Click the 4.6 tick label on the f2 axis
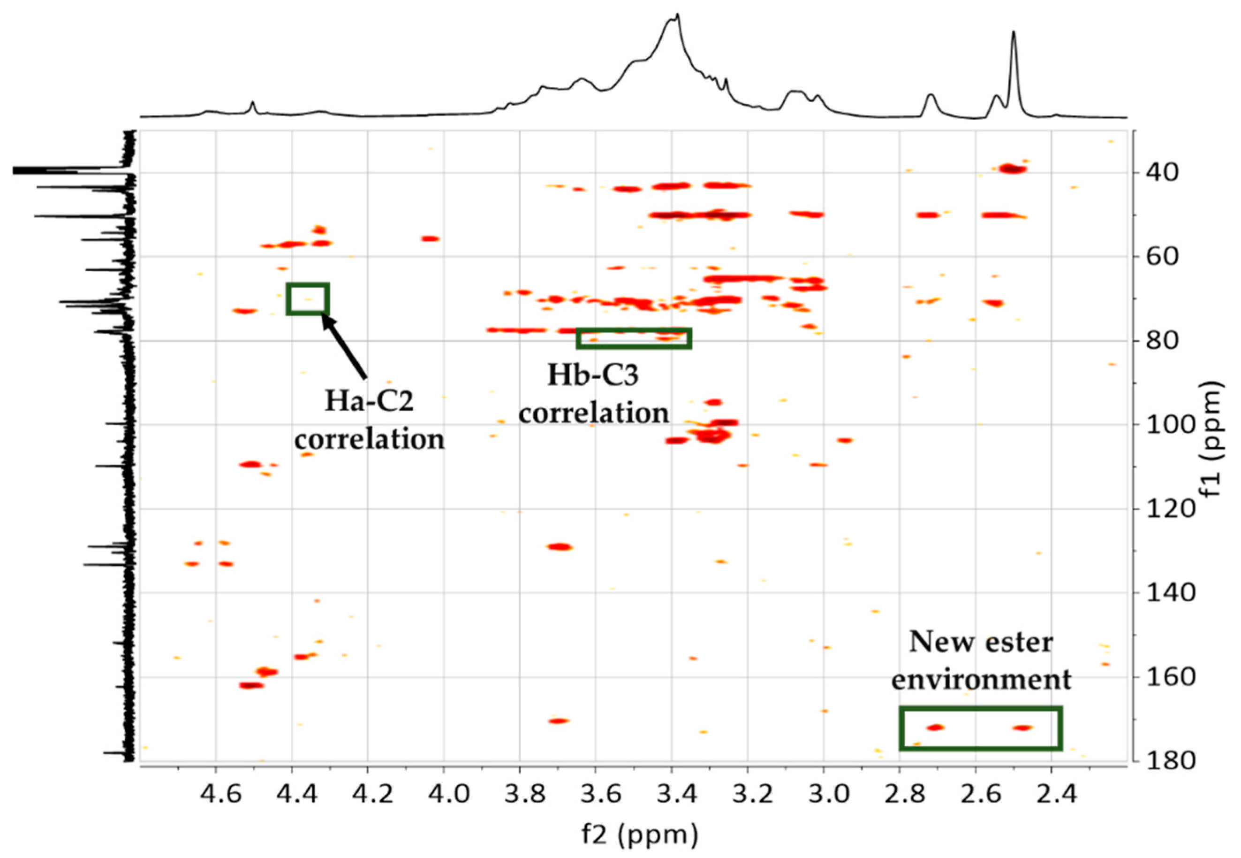pos(215,793)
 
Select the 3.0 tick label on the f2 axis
pos(823,793)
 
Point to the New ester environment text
pos(981,660)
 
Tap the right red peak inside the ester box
pos(1022,728)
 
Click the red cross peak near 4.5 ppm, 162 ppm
pos(251,685)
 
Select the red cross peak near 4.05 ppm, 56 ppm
pos(431,239)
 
